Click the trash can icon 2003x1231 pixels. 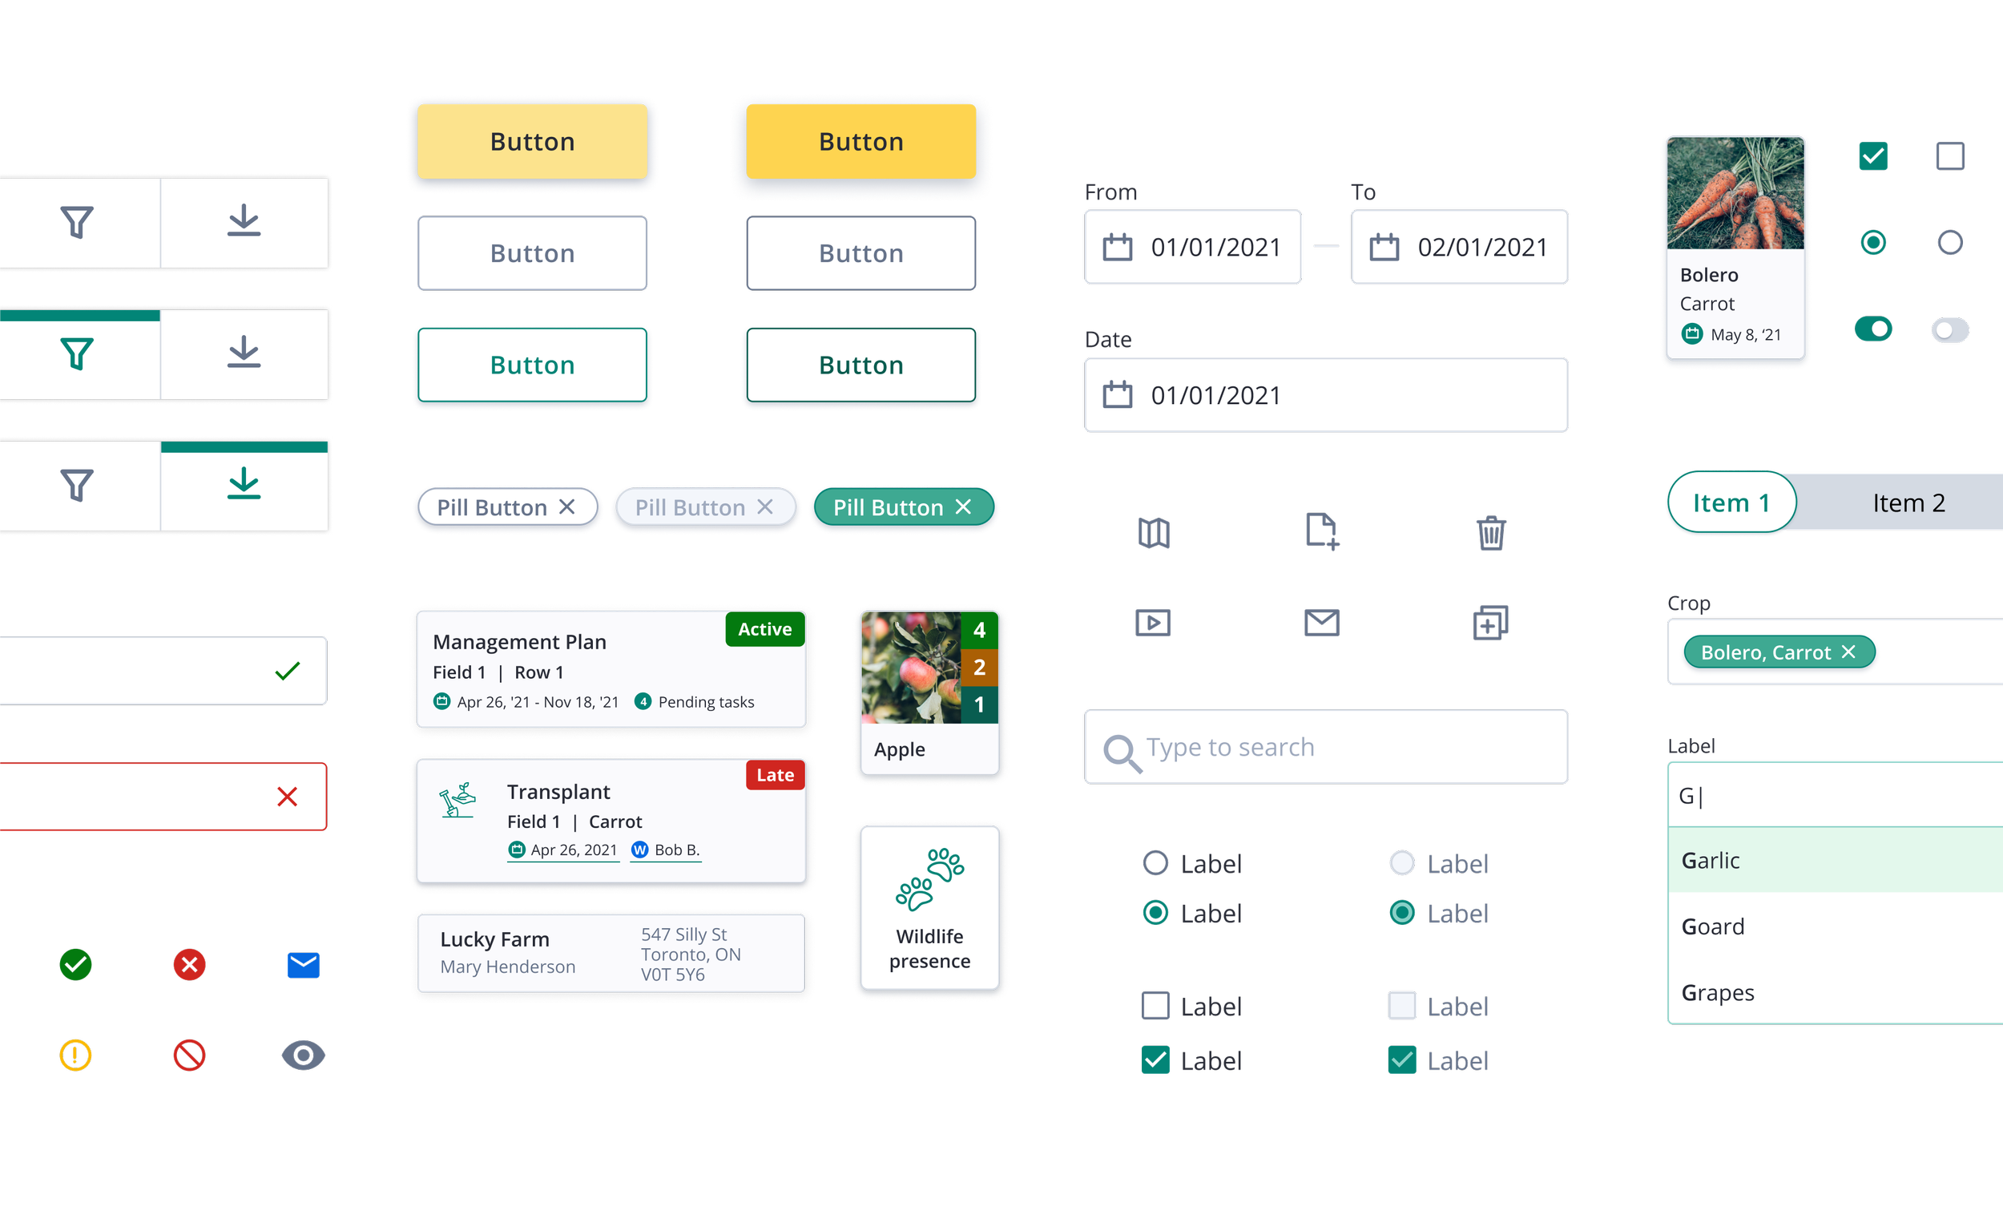(1491, 534)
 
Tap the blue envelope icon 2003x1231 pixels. (304, 965)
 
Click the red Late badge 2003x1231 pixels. (775, 775)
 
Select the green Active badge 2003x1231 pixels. (764, 629)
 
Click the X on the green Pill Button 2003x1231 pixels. (964, 507)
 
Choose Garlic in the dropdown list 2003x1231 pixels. (1711, 861)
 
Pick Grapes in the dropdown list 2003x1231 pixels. (1717, 992)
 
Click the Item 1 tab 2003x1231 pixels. (1731, 502)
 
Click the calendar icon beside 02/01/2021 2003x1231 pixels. (1384, 247)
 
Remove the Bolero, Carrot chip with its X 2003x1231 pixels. (1848, 652)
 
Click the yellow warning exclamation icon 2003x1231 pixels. (75, 1055)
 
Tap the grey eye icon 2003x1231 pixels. (304, 1055)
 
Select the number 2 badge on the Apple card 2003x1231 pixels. (979, 668)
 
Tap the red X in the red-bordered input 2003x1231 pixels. (288, 797)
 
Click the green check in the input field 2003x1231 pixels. (288, 671)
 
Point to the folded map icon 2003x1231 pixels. (1154, 534)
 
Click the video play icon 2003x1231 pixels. (1153, 624)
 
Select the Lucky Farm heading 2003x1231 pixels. (495, 938)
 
